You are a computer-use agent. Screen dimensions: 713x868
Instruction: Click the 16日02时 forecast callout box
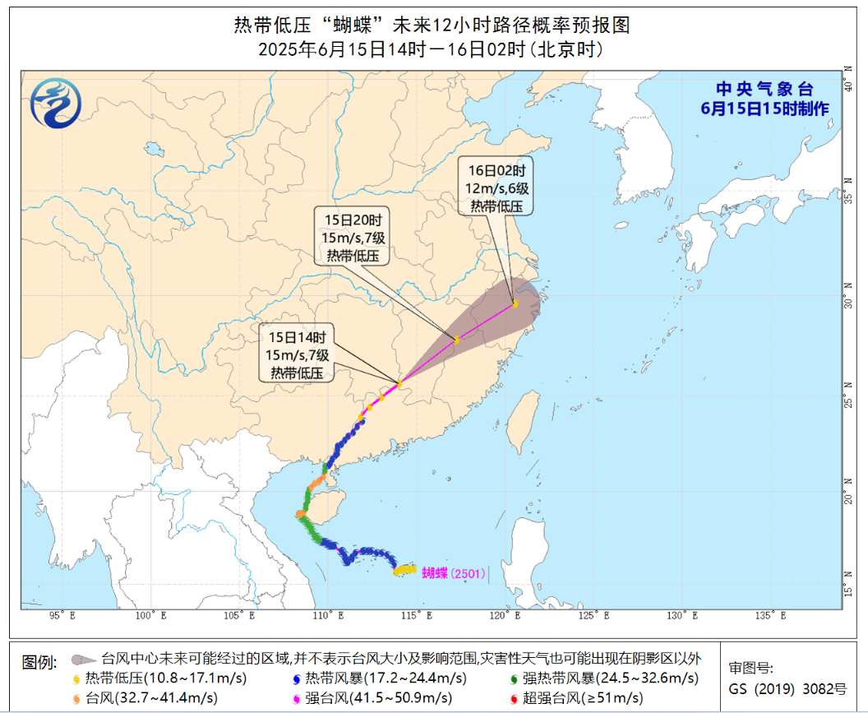pos(496,187)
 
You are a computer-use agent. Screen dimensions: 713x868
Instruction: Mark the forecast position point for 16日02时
pos(515,303)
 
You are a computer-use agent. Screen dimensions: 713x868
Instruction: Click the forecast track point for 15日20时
pos(457,340)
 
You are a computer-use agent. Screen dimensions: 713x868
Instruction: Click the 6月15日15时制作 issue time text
pos(764,109)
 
